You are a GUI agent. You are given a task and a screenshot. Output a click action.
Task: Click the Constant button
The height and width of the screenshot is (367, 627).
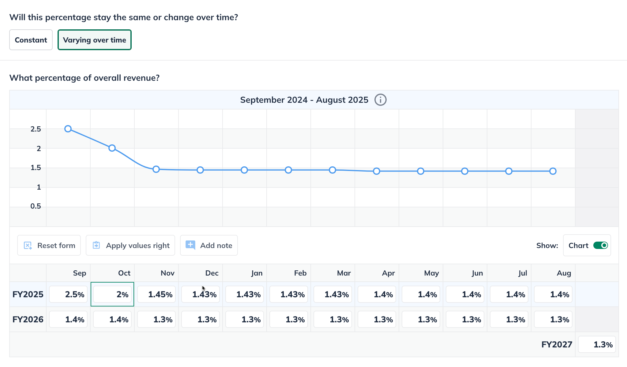(x=31, y=40)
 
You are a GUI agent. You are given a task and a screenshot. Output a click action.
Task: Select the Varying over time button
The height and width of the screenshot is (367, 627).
(x=94, y=40)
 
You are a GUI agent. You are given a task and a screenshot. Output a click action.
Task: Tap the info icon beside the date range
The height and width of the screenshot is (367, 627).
(x=380, y=100)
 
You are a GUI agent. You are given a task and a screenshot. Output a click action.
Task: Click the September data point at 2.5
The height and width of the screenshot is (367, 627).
(x=68, y=129)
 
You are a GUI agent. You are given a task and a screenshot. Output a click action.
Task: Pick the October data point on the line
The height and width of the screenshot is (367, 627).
(x=112, y=148)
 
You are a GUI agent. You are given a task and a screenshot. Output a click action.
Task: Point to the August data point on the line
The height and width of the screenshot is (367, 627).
(x=553, y=171)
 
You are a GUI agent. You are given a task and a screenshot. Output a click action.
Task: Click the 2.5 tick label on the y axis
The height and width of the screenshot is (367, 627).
(x=36, y=129)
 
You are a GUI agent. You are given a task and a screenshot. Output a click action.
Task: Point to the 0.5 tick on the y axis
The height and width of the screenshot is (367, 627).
(x=36, y=206)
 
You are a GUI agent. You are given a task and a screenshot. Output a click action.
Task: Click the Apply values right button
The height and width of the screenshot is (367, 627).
(x=130, y=245)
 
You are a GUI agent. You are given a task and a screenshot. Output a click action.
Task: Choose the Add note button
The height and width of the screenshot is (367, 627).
(x=209, y=245)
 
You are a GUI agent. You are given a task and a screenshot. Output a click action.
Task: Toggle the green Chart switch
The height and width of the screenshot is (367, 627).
(x=600, y=245)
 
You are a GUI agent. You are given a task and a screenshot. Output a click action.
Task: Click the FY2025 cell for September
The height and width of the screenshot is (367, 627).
(x=68, y=295)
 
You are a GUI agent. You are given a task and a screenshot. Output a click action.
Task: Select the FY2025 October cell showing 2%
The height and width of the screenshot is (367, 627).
(x=112, y=295)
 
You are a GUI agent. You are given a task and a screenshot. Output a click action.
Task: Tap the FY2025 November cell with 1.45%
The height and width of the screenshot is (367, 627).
(x=156, y=295)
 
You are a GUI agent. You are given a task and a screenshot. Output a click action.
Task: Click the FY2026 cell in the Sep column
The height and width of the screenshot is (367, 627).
(x=68, y=320)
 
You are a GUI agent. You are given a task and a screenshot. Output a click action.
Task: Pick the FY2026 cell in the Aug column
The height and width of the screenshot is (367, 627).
(x=553, y=320)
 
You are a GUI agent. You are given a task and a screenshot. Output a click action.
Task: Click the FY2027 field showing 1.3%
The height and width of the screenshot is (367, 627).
(x=597, y=345)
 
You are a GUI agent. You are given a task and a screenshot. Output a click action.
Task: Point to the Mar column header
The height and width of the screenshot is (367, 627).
(x=344, y=273)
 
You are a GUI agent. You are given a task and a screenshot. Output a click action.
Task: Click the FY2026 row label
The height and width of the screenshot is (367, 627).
(x=28, y=320)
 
